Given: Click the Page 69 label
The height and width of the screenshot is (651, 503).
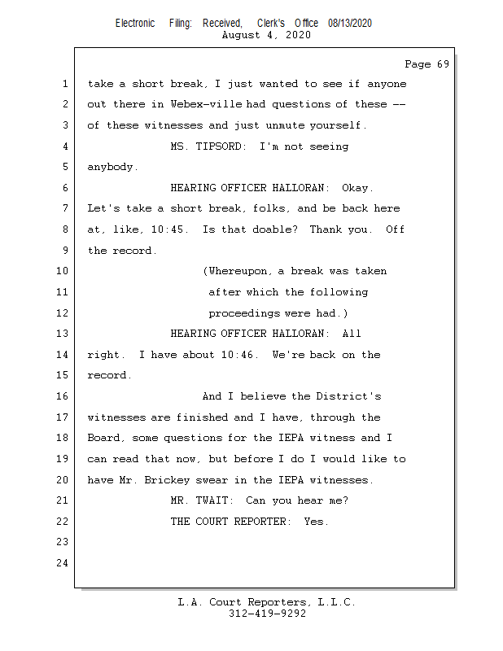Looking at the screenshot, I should [426, 64].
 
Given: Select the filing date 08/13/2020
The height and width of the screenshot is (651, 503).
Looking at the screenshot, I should [350, 23].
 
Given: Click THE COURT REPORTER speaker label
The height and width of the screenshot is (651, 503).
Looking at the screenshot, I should [230, 522].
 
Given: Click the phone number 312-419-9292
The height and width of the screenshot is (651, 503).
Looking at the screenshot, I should [267, 614].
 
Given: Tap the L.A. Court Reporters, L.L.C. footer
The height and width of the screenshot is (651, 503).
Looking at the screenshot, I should [267, 603].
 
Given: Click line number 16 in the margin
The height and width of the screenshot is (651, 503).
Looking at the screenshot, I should [63, 396].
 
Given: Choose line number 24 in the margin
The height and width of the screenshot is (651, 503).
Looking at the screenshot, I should [63, 563].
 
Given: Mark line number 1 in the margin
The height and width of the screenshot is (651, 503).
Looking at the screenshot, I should [63, 84].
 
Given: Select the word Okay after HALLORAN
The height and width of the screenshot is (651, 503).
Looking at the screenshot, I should [358, 188].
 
